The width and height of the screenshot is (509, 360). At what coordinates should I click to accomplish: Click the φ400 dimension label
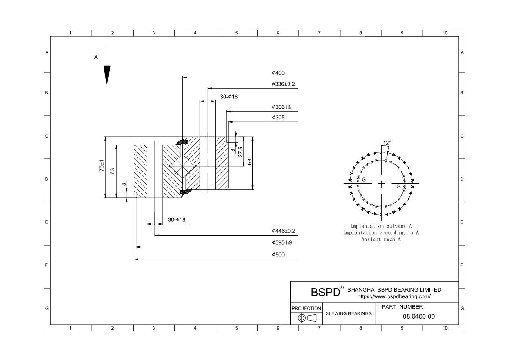click(x=278, y=73)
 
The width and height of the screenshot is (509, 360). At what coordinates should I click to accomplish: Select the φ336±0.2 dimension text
click(x=283, y=84)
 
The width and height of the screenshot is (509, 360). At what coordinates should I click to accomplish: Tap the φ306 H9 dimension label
click(x=282, y=107)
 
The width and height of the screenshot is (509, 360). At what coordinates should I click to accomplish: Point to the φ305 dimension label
click(x=278, y=118)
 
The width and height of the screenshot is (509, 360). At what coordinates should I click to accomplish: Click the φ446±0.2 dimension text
click(x=283, y=231)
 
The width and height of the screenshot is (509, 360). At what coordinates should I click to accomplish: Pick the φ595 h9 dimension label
click(x=282, y=243)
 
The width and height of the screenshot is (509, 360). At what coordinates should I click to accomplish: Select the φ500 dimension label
click(x=278, y=255)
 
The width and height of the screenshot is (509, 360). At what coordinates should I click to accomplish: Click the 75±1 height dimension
click(x=101, y=166)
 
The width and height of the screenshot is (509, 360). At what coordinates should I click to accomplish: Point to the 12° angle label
click(x=387, y=143)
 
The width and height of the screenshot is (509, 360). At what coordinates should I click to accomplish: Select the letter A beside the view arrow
click(x=96, y=57)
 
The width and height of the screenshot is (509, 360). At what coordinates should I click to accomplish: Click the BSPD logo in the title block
click(x=325, y=292)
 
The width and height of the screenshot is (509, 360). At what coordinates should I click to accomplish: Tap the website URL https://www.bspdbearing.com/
click(x=394, y=297)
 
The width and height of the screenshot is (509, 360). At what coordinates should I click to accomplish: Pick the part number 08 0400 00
click(x=419, y=316)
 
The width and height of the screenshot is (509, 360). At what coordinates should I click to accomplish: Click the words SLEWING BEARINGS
click(x=348, y=313)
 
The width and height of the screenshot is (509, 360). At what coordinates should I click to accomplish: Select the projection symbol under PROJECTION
click(x=307, y=318)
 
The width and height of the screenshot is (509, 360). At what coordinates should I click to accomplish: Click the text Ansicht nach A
click(x=381, y=239)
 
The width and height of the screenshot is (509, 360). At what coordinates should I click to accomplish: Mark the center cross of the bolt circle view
click(x=381, y=184)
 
